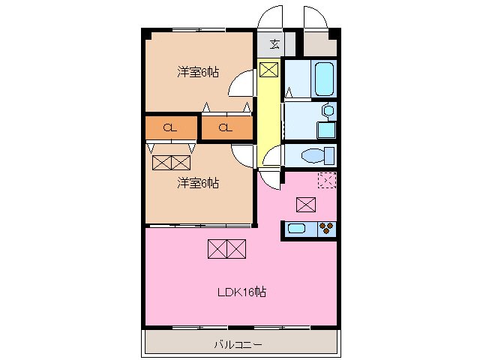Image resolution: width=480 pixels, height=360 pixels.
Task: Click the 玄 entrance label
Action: [x=274, y=43]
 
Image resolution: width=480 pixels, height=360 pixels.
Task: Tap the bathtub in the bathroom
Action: [x=324, y=79]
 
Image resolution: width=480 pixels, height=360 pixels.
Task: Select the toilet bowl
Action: [x=313, y=156]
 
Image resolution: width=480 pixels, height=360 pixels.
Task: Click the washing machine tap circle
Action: [x=326, y=110]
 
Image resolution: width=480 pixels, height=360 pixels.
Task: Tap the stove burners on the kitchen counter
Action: [x=326, y=229]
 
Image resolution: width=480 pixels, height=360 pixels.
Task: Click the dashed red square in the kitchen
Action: [x=326, y=180]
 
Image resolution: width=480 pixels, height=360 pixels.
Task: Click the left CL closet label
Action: [x=170, y=127]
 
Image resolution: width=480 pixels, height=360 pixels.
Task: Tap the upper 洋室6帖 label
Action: [x=198, y=72]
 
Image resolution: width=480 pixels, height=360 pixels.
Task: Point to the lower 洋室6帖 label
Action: [x=198, y=182]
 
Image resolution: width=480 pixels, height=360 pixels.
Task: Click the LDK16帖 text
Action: [x=241, y=292]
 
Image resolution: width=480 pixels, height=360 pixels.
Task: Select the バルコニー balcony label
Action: [x=238, y=345]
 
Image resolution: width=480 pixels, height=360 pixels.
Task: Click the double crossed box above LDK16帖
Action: [x=226, y=248]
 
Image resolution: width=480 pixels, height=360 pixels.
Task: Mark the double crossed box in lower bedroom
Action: [x=172, y=162]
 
